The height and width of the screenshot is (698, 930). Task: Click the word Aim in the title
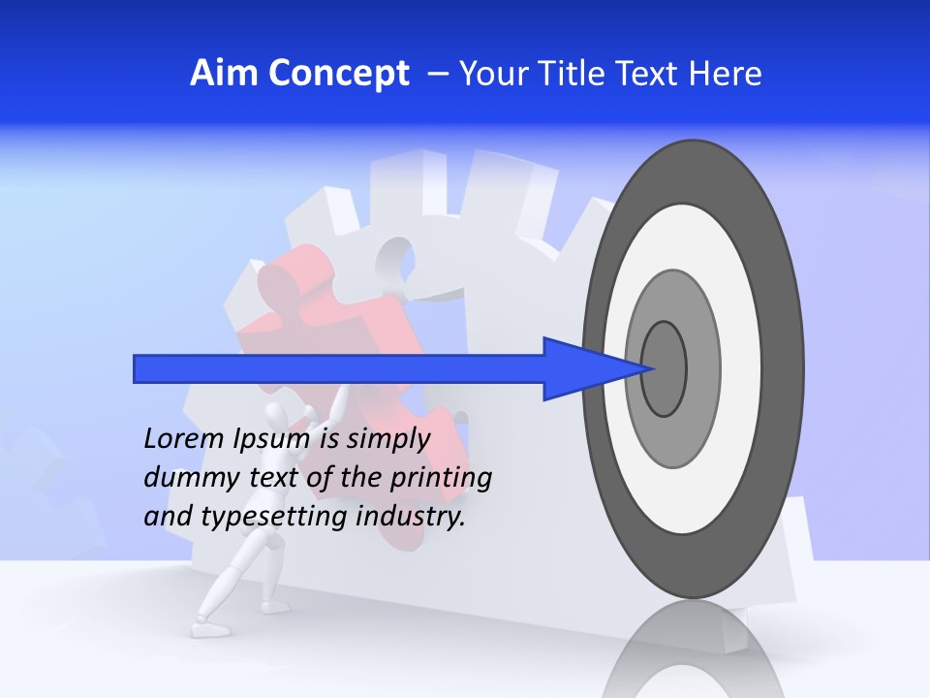(x=225, y=74)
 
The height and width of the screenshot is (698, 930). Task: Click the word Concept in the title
(x=338, y=74)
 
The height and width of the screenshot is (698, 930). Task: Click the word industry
(x=411, y=517)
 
